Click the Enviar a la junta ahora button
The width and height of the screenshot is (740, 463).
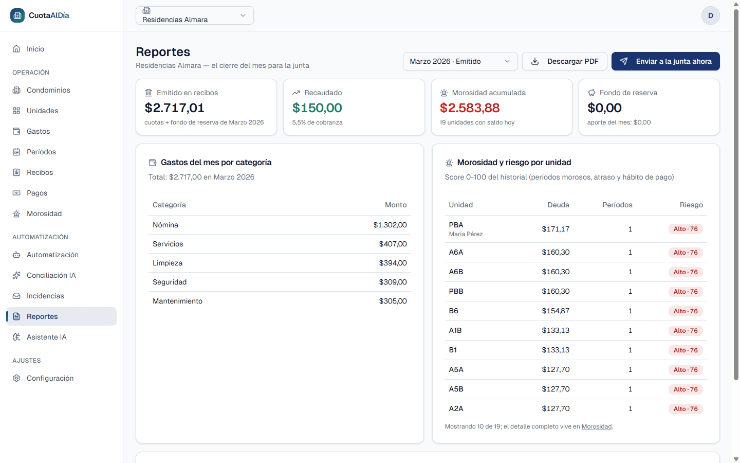(665, 61)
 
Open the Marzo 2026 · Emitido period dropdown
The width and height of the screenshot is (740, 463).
(460, 61)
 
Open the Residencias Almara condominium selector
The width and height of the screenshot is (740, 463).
(195, 15)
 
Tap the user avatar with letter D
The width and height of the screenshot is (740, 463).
(710, 15)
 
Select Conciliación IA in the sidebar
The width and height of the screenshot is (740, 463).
(51, 275)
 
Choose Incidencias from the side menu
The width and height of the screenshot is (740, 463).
(45, 296)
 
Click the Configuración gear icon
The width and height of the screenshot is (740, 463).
(16, 378)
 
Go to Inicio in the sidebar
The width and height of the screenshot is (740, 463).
(35, 49)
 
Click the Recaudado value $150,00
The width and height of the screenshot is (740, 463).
(317, 108)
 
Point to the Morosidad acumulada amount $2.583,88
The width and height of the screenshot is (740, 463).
(470, 108)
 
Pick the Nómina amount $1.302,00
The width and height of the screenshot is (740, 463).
(390, 225)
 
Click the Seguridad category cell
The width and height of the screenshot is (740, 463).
(170, 282)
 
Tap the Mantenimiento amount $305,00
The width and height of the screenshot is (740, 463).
(393, 301)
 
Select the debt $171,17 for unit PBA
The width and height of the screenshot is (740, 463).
(556, 229)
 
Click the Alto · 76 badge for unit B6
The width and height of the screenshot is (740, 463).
(686, 311)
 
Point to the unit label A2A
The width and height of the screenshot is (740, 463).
(456, 408)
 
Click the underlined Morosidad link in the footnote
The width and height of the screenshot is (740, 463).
(596, 426)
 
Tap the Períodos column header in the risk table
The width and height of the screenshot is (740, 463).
(617, 205)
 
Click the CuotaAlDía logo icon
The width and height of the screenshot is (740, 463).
(17, 15)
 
